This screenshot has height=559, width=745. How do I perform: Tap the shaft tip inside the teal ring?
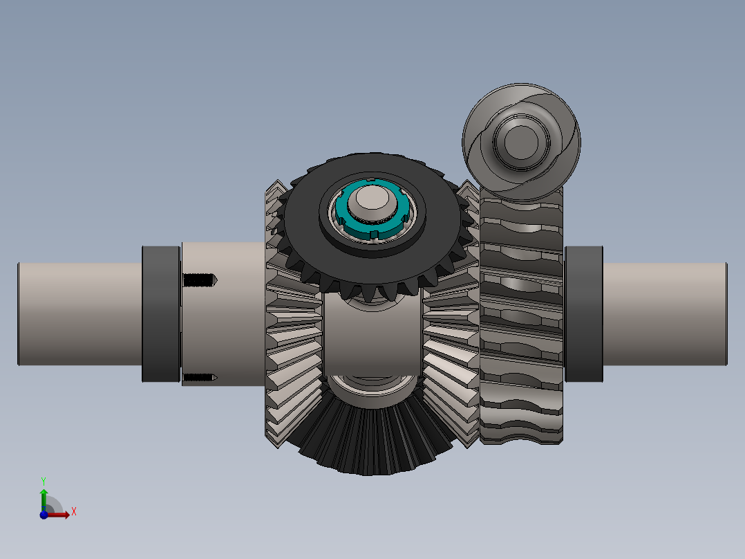[371, 202]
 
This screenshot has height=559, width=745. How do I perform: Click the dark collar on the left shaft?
[161, 313]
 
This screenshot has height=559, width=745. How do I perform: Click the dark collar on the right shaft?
[584, 313]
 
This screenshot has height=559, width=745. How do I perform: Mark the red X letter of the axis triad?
[73, 512]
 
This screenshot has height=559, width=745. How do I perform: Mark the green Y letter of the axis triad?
[44, 480]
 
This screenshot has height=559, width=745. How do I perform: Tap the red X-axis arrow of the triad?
[61, 515]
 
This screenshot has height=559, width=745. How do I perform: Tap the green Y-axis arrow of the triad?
[44, 497]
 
